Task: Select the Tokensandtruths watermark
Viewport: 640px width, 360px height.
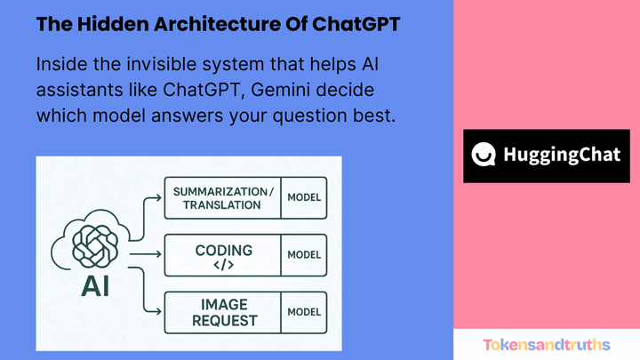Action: coord(547,344)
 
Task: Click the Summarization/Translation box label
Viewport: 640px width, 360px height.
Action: coord(222,198)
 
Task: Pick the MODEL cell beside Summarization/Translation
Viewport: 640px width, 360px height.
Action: coord(304,198)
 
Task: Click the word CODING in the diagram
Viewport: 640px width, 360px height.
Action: coord(223,250)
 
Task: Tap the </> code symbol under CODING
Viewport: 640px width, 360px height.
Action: coord(223,265)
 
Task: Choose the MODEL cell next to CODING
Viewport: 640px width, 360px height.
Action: coord(304,255)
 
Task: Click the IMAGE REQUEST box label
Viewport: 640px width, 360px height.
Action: coord(222,312)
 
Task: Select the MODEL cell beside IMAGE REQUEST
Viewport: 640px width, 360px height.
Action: coord(304,312)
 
